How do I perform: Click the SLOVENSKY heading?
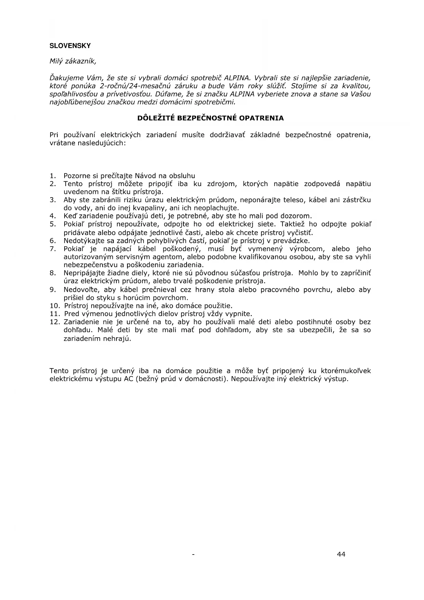[70, 45]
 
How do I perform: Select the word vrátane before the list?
[63, 143]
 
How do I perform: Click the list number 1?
[52, 176]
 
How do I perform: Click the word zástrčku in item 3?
[357, 200]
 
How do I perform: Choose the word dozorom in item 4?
[295, 216]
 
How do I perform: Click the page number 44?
[341, 554]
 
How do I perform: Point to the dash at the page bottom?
[193, 555]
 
